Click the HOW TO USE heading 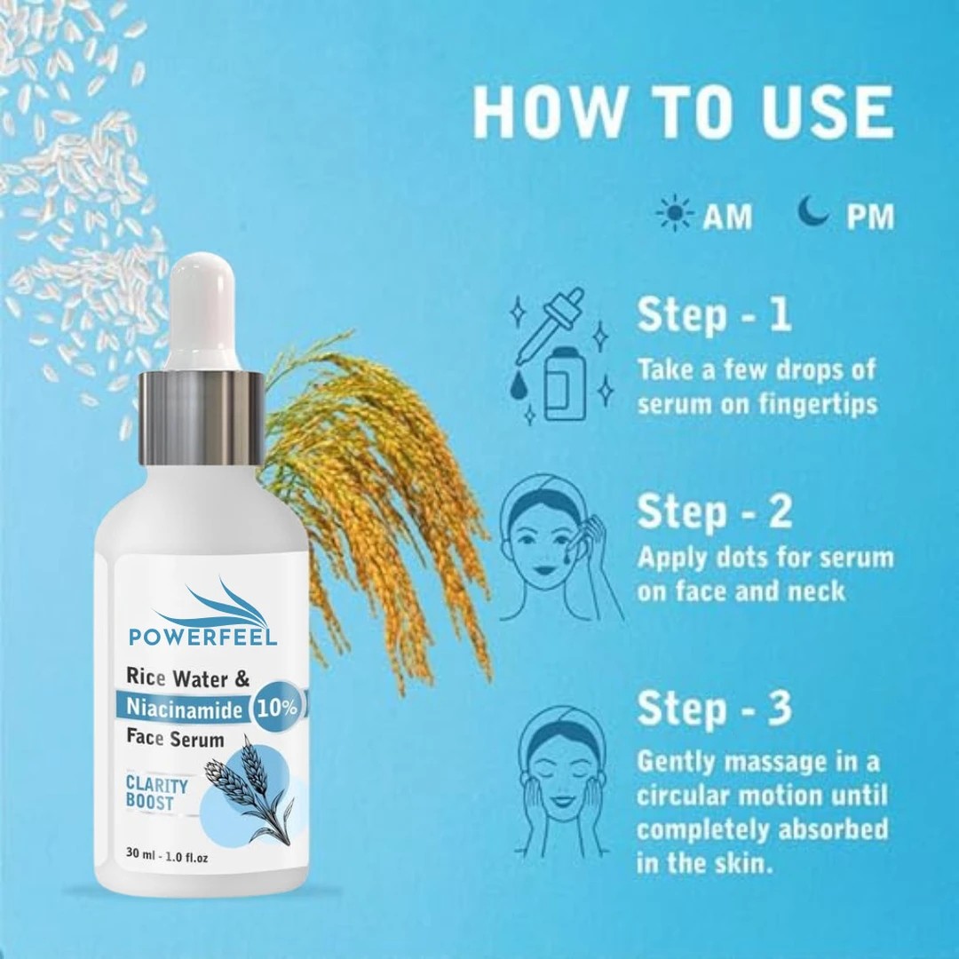coord(683,113)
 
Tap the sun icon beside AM coord(675,213)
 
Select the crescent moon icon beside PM coord(813,211)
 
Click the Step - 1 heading coord(714,315)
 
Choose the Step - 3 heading coord(714,709)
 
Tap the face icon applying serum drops coord(561,546)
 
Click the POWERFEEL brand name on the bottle coord(203,636)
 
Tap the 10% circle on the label coord(277,708)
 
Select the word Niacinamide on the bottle coord(184,709)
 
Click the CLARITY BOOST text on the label coord(156,793)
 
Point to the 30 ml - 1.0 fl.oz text coord(167,858)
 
